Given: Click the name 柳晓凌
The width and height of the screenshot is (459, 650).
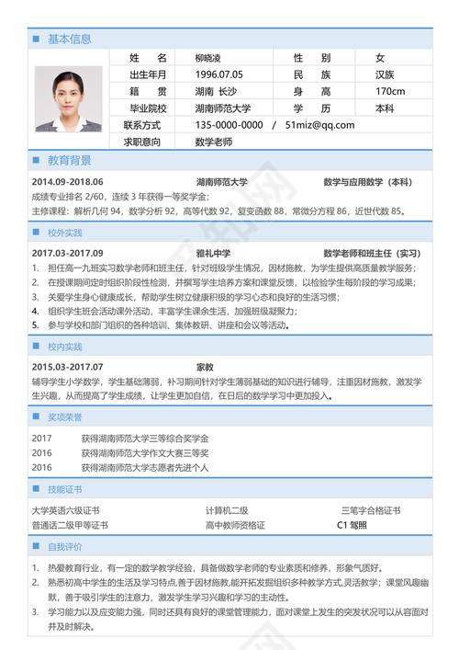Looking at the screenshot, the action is pos(213,57).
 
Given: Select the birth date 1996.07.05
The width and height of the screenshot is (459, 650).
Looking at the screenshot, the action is pos(218,74).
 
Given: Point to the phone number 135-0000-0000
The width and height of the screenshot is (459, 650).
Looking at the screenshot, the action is pos(229,125).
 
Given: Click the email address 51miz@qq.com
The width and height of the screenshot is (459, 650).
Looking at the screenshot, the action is pos(320,125).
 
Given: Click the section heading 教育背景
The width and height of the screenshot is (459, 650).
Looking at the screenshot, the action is pos(69,159).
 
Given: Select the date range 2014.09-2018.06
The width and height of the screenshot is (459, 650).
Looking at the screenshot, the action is pos(67,182).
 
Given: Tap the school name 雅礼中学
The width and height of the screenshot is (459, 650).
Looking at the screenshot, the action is pos(213,253).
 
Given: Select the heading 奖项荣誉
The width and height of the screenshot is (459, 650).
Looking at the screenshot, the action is pos(65,416).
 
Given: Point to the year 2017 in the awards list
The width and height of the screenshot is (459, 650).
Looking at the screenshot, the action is pos(41,438).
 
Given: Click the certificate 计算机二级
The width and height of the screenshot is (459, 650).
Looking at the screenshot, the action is pos(227,510).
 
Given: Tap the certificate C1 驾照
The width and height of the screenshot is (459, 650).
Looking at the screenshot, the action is pos(352,525).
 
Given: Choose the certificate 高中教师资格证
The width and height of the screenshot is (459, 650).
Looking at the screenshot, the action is pos(235,525).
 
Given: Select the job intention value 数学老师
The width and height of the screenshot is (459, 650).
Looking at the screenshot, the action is pos(213,142).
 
